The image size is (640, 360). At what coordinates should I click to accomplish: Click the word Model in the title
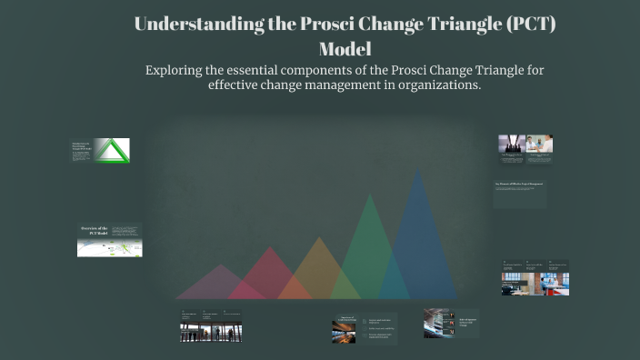(x=345, y=49)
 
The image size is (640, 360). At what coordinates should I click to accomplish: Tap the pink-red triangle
(x=266, y=276)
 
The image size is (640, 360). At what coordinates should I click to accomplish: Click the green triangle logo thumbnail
(x=113, y=151)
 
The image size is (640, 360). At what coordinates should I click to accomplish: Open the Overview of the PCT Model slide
(x=109, y=240)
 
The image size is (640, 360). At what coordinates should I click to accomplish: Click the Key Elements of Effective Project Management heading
(x=519, y=185)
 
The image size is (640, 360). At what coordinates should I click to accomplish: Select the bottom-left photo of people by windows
(x=210, y=332)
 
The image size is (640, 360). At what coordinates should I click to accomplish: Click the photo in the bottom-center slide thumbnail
(x=345, y=332)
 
